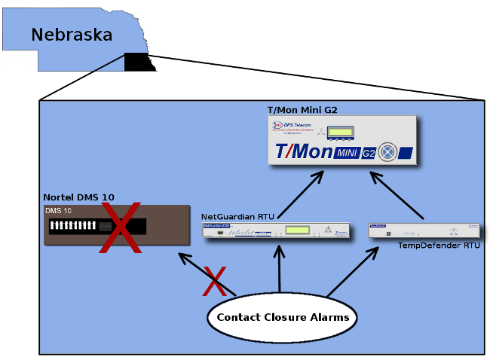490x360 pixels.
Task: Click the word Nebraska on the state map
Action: coord(72,35)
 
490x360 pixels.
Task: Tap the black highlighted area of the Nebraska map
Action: coord(138,62)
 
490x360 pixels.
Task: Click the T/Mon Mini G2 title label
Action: coord(302,109)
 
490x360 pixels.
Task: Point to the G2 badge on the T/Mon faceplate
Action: coord(368,153)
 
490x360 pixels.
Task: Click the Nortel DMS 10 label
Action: coord(78,197)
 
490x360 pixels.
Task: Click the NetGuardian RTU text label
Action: coord(237,217)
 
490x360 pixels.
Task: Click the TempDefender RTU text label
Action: coord(439,246)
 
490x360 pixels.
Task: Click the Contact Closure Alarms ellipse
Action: coord(282,317)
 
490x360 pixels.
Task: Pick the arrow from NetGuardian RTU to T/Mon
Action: coord(302,195)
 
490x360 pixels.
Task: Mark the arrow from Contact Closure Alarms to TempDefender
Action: coord(353,271)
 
